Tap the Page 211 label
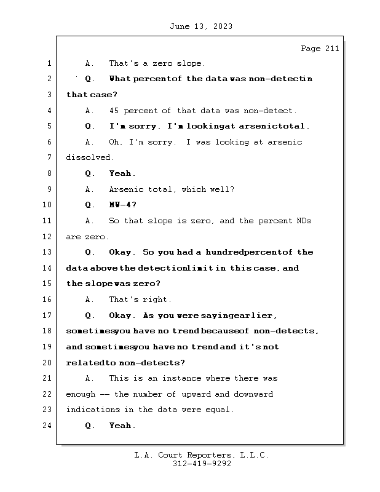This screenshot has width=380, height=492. tap(320, 49)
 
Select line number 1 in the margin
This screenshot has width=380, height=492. tap(49, 63)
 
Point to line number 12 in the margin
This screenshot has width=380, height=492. tap(47, 237)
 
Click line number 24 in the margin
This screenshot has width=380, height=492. tap(47, 426)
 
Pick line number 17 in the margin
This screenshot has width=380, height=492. tap(47, 315)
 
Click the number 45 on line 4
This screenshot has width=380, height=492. tap(114, 111)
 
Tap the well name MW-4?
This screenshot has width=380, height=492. tap(123, 205)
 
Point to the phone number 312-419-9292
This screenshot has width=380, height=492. tap(202, 464)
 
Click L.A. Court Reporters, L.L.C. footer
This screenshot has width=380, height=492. tap(202, 455)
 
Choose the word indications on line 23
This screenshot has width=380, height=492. tap(89, 410)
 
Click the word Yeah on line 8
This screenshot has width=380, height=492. tap(121, 174)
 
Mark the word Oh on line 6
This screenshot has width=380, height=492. tap(114, 142)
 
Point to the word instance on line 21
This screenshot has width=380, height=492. tap(192, 379)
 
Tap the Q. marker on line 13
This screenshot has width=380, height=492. tap(90, 253)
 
